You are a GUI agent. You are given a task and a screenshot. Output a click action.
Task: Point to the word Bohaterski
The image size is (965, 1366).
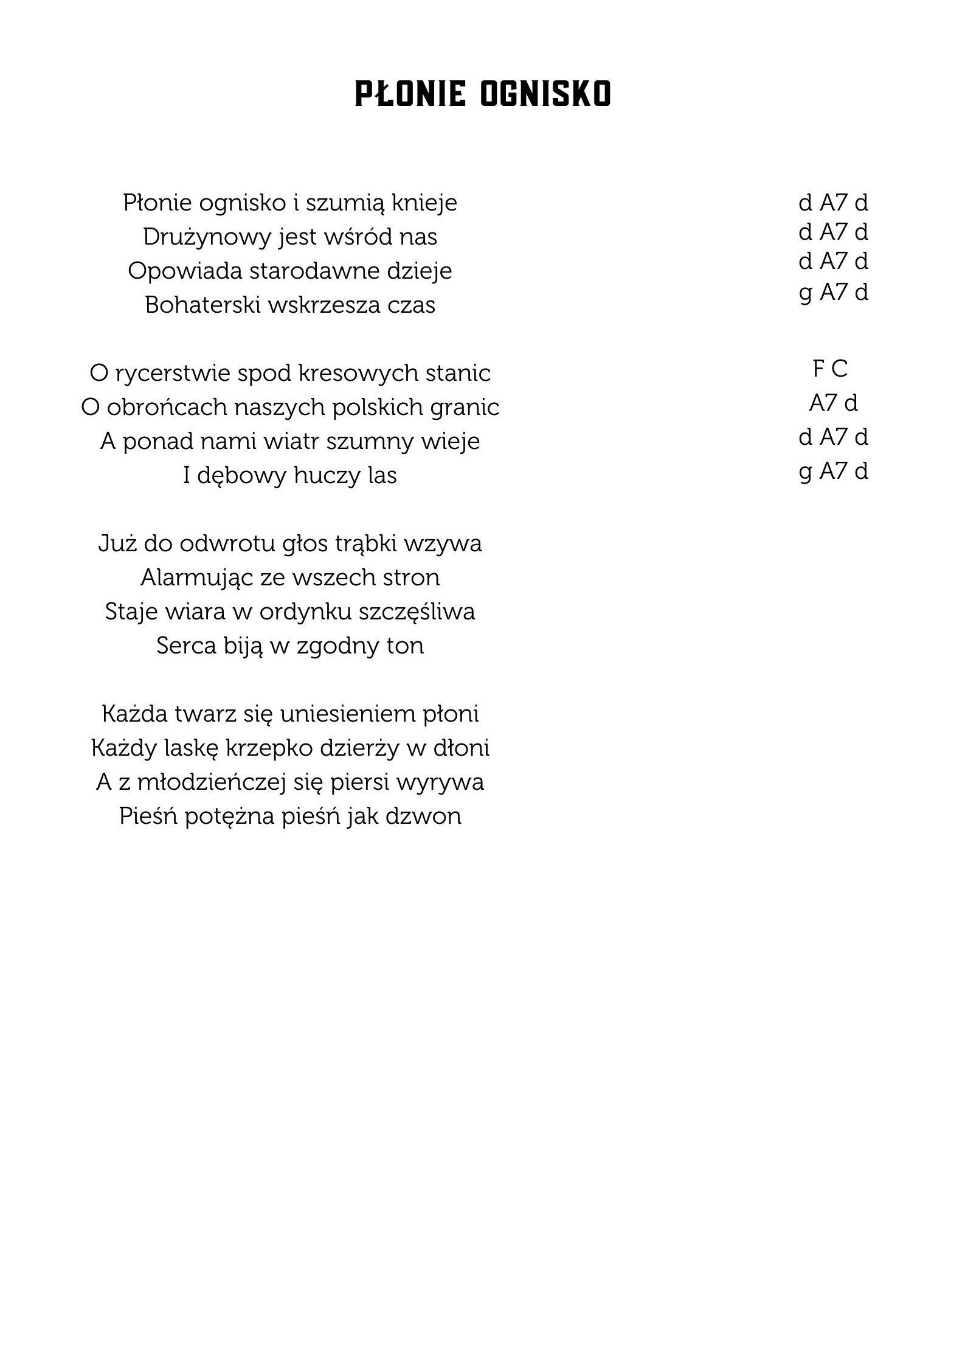202,305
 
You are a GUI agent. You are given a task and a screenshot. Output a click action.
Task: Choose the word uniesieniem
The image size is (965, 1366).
348,714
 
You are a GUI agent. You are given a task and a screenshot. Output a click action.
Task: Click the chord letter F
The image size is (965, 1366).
818,369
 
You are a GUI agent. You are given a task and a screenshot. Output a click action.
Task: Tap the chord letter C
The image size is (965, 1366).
839,369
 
